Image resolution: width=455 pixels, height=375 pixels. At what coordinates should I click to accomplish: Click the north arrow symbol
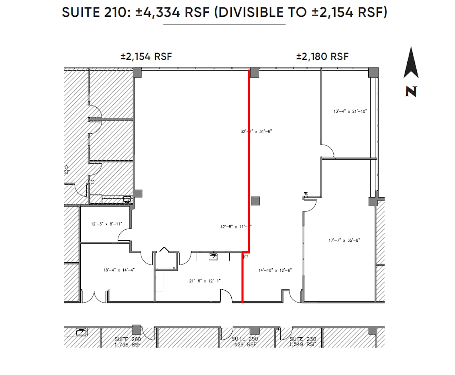pos(411,63)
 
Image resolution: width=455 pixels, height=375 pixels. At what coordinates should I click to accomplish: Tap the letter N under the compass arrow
pos(411,92)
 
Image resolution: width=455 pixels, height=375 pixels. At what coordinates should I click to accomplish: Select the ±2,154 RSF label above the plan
pos(146,57)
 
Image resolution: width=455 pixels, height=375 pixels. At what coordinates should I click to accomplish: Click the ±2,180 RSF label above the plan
pos(322,57)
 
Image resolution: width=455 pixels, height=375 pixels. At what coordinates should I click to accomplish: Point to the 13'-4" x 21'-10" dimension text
pos(350,111)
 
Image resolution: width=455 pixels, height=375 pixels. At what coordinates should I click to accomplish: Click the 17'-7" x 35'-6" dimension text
pos(344,240)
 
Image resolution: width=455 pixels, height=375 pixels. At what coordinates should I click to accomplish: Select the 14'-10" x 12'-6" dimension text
pos(275,270)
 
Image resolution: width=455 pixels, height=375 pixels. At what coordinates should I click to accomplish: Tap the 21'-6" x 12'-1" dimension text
pos(205,281)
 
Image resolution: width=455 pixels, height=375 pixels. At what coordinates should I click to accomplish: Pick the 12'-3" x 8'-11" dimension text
pos(107,224)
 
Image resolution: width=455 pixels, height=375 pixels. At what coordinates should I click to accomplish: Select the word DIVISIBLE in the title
pos(262,12)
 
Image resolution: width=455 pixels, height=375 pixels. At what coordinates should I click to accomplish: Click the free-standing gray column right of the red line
pos(255,201)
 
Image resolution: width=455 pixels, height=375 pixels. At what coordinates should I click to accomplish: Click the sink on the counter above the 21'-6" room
pos(213,256)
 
